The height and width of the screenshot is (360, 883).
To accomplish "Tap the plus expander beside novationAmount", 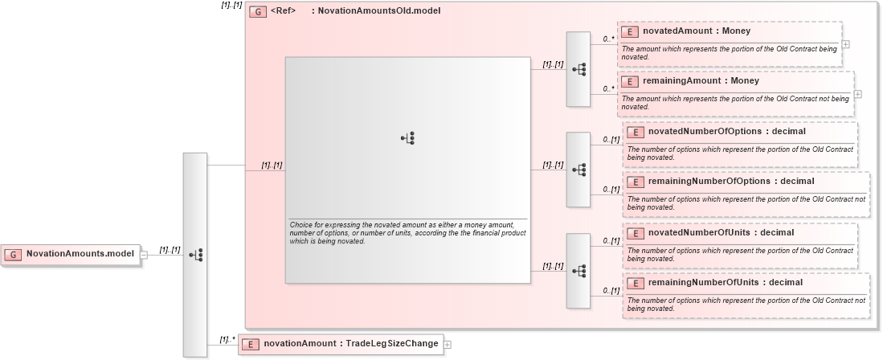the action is [448, 345].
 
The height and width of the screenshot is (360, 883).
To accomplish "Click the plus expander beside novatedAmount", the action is [845, 44].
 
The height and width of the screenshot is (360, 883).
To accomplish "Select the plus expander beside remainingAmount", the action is [857, 94].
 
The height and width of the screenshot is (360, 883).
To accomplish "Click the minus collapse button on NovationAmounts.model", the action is [144, 255].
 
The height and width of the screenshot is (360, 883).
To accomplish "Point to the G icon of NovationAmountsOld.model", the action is [258, 12].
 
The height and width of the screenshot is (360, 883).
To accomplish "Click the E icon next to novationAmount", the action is [251, 344].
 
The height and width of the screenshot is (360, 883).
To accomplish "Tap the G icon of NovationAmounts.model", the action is [13, 254].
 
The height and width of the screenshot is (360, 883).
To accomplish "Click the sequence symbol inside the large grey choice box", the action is [407, 138].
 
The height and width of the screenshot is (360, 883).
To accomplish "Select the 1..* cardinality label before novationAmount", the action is [227, 339].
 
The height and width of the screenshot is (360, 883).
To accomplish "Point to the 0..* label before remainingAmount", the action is [608, 88].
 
